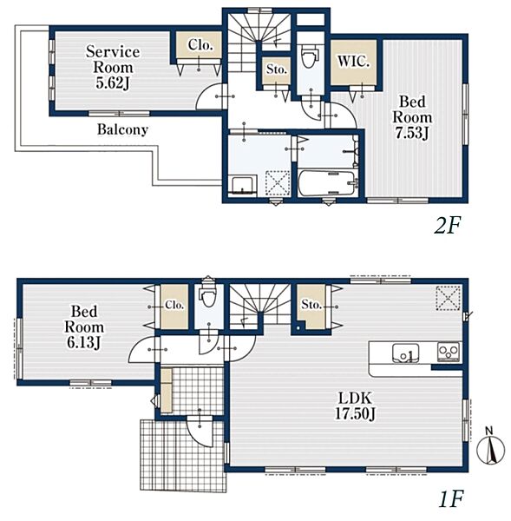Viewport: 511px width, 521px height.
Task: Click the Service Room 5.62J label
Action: pyautogui.click(x=113, y=67)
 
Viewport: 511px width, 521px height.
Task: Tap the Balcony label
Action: pyautogui.click(x=122, y=129)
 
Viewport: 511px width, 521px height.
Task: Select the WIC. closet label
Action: pyautogui.click(x=353, y=62)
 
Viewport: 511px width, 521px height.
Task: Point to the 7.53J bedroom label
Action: pyautogui.click(x=412, y=117)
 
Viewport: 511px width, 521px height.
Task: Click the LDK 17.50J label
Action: pyautogui.click(x=355, y=406)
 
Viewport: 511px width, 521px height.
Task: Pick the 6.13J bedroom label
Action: pyautogui.click(x=84, y=327)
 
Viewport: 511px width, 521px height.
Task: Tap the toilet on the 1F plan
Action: pyautogui.click(x=208, y=295)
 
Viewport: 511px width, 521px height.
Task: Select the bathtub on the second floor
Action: pyautogui.click(x=327, y=183)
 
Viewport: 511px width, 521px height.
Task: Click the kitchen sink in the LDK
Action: pyautogui.click(x=406, y=353)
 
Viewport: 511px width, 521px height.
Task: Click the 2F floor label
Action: pyautogui.click(x=448, y=226)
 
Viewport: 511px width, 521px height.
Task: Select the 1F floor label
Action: pyautogui.click(x=450, y=498)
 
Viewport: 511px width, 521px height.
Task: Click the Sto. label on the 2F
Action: pyautogui.click(x=277, y=69)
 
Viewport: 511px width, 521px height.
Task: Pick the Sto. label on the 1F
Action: pyautogui.click(x=311, y=304)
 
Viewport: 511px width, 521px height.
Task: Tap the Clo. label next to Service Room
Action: pyautogui.click(x=200, y=45)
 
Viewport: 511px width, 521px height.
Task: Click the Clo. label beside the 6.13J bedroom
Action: pyautogui.click(x=174, y=305)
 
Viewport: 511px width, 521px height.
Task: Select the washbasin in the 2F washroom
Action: pyautogui.click(x=244, y=185)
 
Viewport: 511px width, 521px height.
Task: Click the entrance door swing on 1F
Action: pyautogui.click(x=200, y=431)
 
